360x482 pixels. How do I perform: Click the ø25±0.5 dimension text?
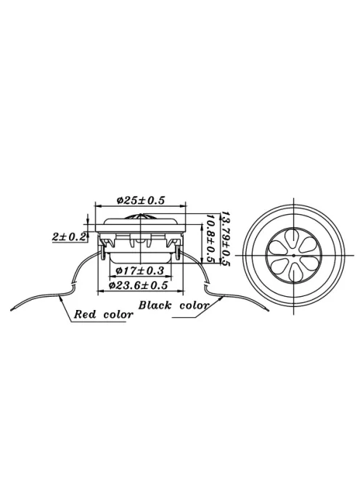(141, 199)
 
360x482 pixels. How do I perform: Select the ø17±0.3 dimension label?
(140, 271)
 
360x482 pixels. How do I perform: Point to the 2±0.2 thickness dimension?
(69, 236)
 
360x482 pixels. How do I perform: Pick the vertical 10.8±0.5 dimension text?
(210, 239)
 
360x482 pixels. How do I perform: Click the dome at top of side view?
(141, 217)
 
